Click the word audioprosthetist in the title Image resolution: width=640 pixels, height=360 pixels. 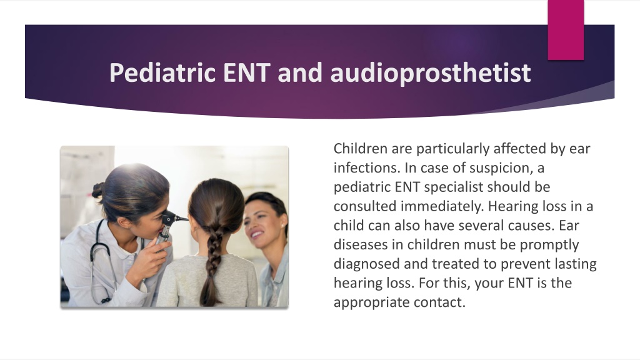(431, 73)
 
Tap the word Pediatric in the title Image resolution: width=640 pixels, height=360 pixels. (162, 72)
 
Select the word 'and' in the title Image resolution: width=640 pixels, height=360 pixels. (300, 72)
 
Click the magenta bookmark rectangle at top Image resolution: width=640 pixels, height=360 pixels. (566, 30)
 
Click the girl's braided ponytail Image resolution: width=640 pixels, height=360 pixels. (213, 261)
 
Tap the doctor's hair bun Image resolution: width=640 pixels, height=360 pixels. (98, 190)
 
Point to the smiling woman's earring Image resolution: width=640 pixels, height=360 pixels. (282, 225)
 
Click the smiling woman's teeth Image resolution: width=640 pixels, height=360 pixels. (257, 234)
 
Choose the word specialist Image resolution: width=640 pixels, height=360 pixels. (454, 187)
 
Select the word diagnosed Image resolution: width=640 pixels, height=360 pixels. (367, 264)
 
